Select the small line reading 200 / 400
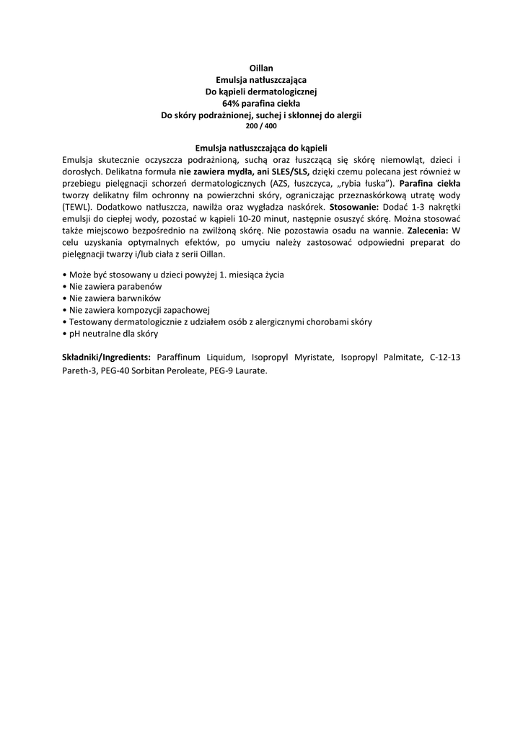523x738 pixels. point(261,125)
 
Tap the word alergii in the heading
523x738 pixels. point(347,115)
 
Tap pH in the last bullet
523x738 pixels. point(74,334)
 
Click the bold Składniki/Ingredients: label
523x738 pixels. point(107,357)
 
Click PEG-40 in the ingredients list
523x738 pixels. point(115,370)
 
